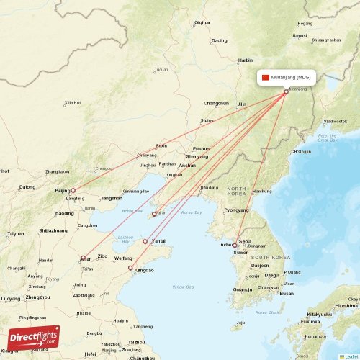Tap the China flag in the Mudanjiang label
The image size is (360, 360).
click(266, 77)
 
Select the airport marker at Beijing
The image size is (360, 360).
click(73, 191)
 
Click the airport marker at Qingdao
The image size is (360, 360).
click(130, 269)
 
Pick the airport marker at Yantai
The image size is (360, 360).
click(145, 241)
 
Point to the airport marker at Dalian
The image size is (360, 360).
click(153, 214)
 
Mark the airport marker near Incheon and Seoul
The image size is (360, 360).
click(234, 246)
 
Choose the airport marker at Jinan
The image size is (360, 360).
click(84, 258)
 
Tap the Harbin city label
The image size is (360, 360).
click(246, 60)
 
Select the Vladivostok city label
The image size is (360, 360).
click(336, 121)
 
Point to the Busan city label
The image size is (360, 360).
click(287, 293)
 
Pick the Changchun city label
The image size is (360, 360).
click(215, 103)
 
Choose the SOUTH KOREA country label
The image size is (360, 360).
click(271, 257)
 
